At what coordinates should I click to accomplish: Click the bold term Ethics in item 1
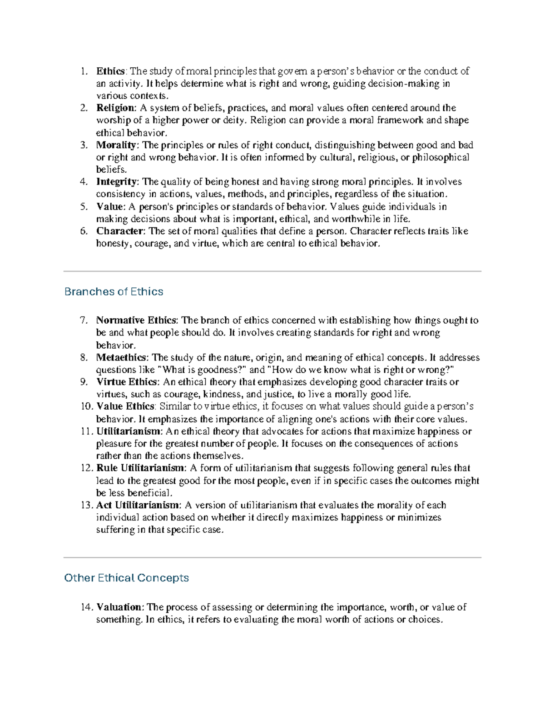(x=110, y=71)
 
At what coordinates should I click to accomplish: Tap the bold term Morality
(x=116, y=145)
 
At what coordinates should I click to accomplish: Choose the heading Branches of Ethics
(x=114, y=291)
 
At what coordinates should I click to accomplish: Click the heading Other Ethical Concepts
(x=127, y=578)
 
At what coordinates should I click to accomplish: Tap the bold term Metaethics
(x=121, y=357)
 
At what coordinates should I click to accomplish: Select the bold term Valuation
(x=119, y=607)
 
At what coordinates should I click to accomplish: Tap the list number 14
(x=86, y=607)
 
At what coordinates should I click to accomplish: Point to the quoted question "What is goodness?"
(x=201, y=370)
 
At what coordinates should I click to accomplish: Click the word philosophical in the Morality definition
(x=441, y=157)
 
